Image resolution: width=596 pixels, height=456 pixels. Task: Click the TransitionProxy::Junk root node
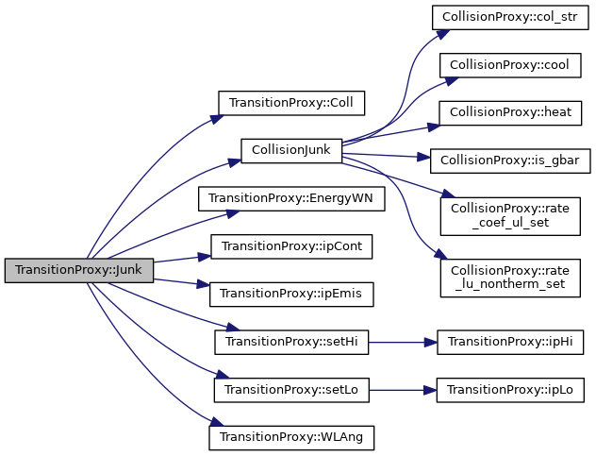79,270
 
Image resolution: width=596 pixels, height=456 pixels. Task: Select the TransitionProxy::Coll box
291,103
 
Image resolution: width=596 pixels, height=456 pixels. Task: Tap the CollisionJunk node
290,151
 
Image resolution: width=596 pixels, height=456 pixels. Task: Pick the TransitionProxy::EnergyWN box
291,199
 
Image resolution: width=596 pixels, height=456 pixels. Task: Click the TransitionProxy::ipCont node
291,246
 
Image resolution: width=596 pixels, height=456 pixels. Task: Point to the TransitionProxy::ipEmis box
291,294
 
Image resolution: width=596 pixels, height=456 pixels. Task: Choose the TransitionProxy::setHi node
291,342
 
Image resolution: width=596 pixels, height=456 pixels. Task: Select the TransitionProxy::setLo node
291,389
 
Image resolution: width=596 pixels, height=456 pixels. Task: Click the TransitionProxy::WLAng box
291,437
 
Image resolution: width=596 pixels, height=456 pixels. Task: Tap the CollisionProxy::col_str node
510,18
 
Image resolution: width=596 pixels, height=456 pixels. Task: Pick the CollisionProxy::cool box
510,65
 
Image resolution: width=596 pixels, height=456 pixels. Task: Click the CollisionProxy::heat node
510,112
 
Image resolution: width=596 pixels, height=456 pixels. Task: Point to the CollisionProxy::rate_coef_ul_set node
510,215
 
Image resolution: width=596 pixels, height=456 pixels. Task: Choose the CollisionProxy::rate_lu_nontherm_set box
510,277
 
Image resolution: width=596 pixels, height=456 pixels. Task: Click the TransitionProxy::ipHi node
510,342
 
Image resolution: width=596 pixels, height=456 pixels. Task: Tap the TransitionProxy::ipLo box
510,389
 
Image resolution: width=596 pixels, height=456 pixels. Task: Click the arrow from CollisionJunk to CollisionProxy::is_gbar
387,156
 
